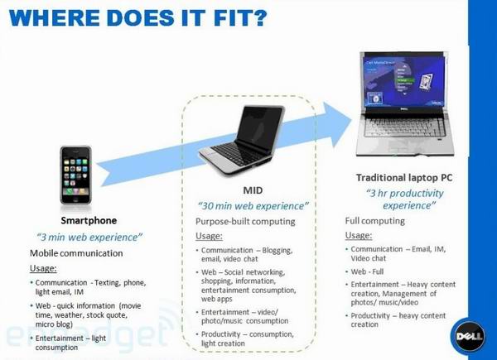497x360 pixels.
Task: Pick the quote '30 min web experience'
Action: point(252,205)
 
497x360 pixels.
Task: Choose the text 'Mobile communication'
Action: point(76,253)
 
